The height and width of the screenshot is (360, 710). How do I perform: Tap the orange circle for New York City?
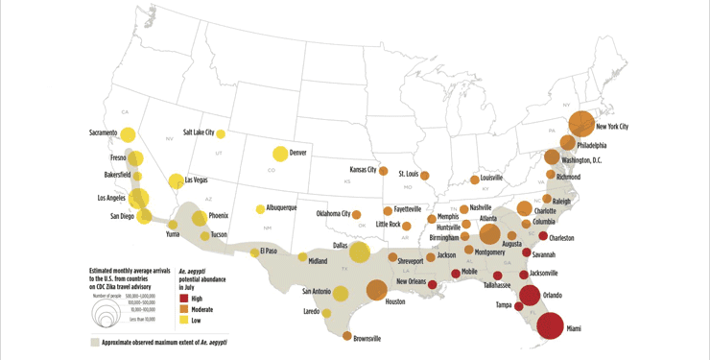click(x=581, y=124)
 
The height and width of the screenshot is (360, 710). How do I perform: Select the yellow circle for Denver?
click(x=280, y=154)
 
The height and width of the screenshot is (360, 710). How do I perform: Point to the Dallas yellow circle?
click(x=359, y=252)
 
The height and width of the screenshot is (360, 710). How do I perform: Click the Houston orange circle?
click(x=376, y=290)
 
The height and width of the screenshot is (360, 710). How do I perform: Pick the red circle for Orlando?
click(x=530, y=295)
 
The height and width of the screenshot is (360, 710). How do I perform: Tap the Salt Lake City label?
click(x=199, y=132)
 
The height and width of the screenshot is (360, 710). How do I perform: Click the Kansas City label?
click(x=363, y=169)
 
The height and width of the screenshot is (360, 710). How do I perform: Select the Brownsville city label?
click(x=367, y=339)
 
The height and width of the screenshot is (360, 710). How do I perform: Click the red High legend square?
click(x=183, y=299)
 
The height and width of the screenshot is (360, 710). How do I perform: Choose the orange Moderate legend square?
click(x=183, y=309)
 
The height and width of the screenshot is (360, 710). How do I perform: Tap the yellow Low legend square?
click(x=183, y=320)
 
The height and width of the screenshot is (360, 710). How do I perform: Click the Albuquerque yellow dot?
click(x=260, y=209)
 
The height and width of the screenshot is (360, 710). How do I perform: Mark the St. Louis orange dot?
click(x=424, y=176)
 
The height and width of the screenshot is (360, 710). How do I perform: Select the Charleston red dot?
click(x=543, y=236)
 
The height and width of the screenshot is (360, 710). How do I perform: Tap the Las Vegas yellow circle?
click(x=176, y=181)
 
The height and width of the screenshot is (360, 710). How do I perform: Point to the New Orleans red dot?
click(x=432, y=284)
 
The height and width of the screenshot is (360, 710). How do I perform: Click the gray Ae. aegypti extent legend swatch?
click(x=95, y=342)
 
